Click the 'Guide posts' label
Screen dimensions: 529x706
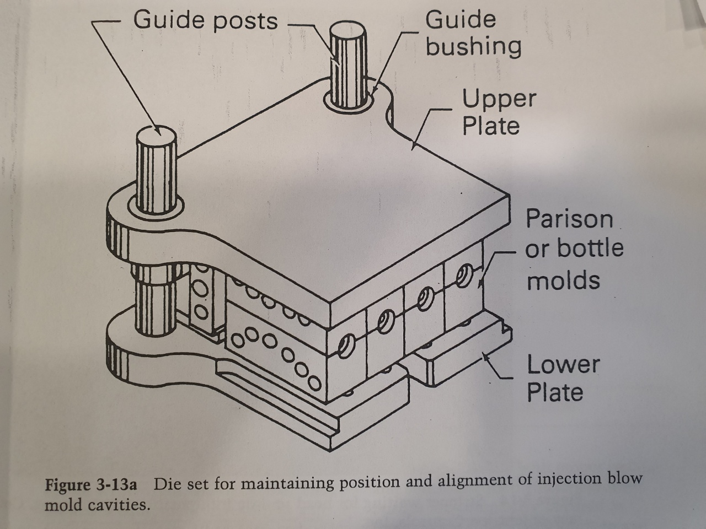205,20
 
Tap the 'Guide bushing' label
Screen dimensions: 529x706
473,34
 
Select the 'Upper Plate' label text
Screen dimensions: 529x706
498,112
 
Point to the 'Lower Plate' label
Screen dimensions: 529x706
562,378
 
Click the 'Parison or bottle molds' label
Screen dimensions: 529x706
574,249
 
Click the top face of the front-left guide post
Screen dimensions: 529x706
156,132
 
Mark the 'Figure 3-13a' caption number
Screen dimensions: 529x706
90,485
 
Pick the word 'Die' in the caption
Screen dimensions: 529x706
167,484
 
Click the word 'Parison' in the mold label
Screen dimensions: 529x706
569,219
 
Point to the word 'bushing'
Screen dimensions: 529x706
473,47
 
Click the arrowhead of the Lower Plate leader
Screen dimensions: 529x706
485,357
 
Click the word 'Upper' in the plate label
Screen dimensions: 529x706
498,99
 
